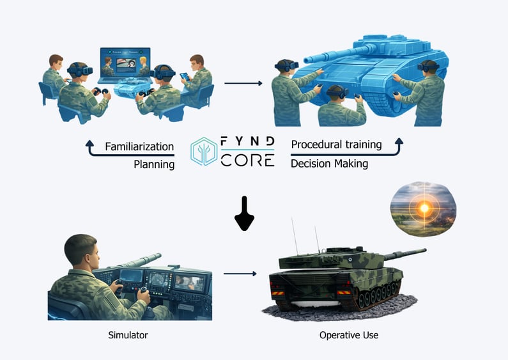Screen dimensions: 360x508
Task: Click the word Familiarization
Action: point(140,147)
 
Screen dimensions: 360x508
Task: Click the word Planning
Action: point(154,164)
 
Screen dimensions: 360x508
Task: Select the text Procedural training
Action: point(336,145)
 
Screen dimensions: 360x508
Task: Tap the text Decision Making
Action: point(329,163)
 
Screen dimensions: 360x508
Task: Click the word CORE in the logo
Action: point(247,160)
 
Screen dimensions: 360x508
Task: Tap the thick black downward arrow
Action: point(245,217)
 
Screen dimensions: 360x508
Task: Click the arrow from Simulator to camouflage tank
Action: point(240,274)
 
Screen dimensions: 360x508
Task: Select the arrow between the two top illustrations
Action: point(243,83)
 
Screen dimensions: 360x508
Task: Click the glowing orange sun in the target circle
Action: point(423,208)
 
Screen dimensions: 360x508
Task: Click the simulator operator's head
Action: point(82,252)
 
